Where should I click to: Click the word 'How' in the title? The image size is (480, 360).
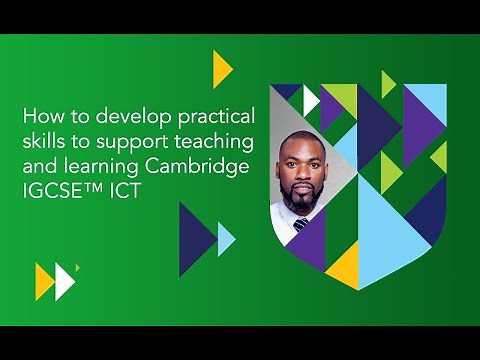pyautogui.click(x=38, y=115)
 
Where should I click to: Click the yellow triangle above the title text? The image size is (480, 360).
pyautogui.click(x=221, y=68)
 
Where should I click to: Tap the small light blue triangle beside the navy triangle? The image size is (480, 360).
pyautogui.click(x=226, y=239)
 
